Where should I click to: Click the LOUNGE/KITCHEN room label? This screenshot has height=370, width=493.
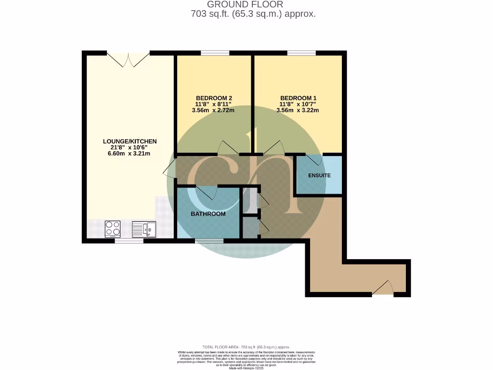(130, 141)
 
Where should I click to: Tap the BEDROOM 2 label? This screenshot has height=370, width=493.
(214, 97)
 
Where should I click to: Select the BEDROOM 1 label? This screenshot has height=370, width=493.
(298, 97)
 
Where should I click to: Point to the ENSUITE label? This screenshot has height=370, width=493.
(319, 175)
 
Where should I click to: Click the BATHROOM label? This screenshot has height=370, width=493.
(208, 214)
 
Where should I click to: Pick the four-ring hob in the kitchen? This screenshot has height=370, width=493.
(113, 228)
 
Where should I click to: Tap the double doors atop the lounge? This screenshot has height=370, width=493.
(128, 59)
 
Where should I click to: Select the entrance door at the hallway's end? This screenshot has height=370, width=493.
(383, 289)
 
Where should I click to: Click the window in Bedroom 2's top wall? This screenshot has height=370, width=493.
(214, 53)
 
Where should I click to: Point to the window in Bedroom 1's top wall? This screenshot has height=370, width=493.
(301, 53)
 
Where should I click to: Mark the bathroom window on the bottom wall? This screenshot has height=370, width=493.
(209, 240)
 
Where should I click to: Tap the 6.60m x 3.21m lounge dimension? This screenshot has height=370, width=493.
(130, 154)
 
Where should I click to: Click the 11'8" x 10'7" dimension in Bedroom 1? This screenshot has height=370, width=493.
(298, 104)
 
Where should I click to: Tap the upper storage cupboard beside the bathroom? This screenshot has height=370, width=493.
(250, 199)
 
